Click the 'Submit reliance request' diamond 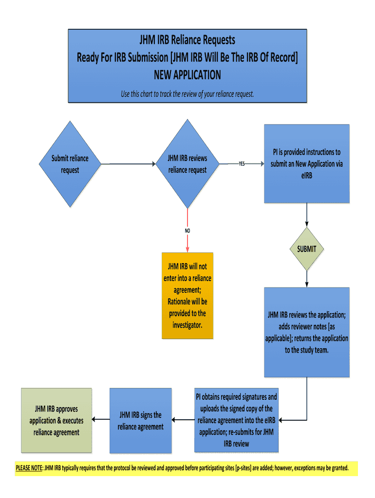point(70,164)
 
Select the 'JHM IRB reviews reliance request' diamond point(187,164)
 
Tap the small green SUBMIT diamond point(307,249)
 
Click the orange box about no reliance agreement point(187,295)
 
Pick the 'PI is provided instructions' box point(307,164)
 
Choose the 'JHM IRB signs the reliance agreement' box point(141,421)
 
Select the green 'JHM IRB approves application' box point(56,421)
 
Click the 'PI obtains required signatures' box point(236,420)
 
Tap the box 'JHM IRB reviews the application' point(307,332)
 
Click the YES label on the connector point(242,164)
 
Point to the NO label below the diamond point(187,231)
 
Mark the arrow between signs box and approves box point(101,420)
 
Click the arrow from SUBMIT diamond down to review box point(307,279)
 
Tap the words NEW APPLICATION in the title point(187,75)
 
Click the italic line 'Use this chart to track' point(187,94)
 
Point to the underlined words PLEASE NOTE point(29,468)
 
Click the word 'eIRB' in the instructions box point(307,176)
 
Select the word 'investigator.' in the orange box point(187,325)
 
